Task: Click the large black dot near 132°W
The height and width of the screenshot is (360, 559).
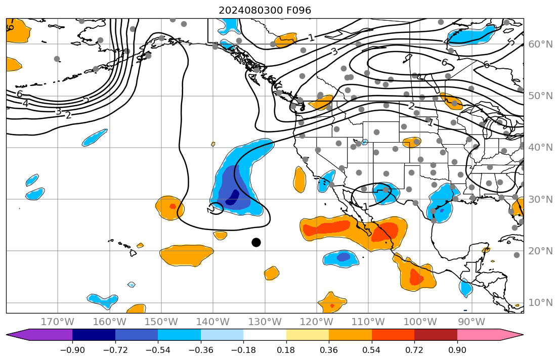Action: (x=256, y=242)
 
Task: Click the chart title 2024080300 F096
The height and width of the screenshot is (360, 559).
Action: (x=265, y=10)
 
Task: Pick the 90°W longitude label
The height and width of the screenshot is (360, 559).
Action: (x=471, y=322)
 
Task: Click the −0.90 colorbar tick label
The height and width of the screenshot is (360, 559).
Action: (x=72, y=350)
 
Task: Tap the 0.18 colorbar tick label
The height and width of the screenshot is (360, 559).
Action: (x=286, y=350)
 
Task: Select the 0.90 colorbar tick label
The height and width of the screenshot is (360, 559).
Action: (x=457, y=350)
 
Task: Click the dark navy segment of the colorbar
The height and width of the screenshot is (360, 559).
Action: (x=94, y=335)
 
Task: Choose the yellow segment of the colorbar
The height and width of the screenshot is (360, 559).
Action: (x=307, y=335)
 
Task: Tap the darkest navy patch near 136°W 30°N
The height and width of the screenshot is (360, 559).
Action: (x=233, y=198)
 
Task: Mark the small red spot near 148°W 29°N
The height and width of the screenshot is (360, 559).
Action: (x=173, y=206)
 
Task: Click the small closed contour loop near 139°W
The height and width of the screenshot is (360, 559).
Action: (x=217, y=208)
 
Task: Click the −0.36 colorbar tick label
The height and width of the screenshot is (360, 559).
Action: (x=200, y=350)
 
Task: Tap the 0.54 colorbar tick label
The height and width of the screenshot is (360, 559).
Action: (x=372, y=350)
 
